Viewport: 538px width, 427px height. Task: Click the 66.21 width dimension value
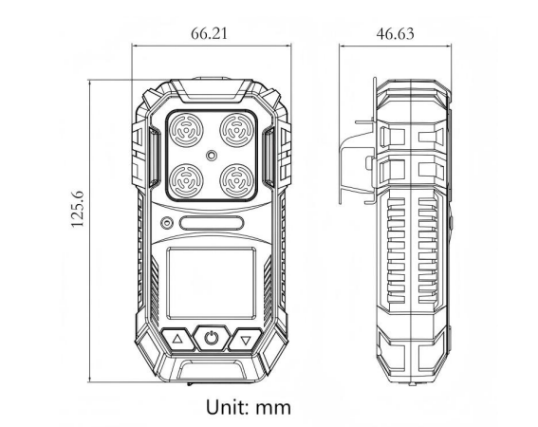[x=209, y=33]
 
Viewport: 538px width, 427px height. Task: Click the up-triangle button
[x=176, y=339]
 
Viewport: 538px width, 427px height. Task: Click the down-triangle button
[x=246, y=339]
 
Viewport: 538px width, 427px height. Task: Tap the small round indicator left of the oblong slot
[x=167, y=224]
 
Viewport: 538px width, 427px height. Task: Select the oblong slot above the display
[x=211, y=224]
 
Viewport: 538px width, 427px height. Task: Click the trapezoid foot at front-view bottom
[x=211, y=371]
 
